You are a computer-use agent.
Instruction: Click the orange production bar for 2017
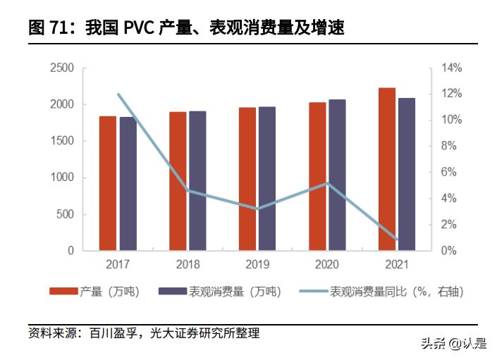point(107,183)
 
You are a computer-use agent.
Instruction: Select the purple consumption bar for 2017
point(128,183)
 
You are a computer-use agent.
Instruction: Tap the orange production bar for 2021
point(386,169)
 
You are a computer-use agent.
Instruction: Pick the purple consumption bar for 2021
point(407,174)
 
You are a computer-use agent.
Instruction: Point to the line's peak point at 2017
point(118,94)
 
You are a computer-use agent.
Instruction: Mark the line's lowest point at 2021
point(397,240)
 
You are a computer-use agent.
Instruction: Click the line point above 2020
point(327,183)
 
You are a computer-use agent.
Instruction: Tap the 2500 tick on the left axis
point(62,68)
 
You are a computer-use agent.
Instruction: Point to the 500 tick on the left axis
point(65,214)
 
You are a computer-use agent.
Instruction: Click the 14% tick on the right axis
point(452,68)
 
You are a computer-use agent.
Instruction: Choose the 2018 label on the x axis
point(188,265)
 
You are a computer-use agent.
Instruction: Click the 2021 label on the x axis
point(397,265)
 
